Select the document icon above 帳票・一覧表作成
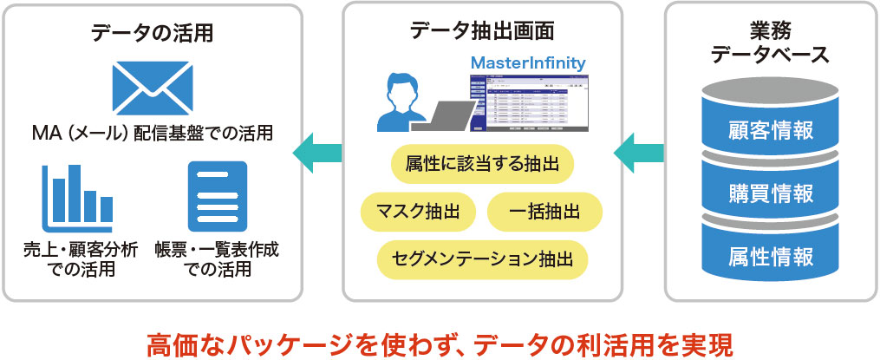pos(218,196)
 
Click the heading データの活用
pos(152,34)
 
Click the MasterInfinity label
pos(527,63)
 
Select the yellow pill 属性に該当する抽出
pos(482,163)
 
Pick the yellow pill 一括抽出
pos(544,210)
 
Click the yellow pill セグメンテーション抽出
pos(482,258)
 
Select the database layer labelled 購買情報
pos(771,193)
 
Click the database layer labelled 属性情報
pos(771,257)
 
